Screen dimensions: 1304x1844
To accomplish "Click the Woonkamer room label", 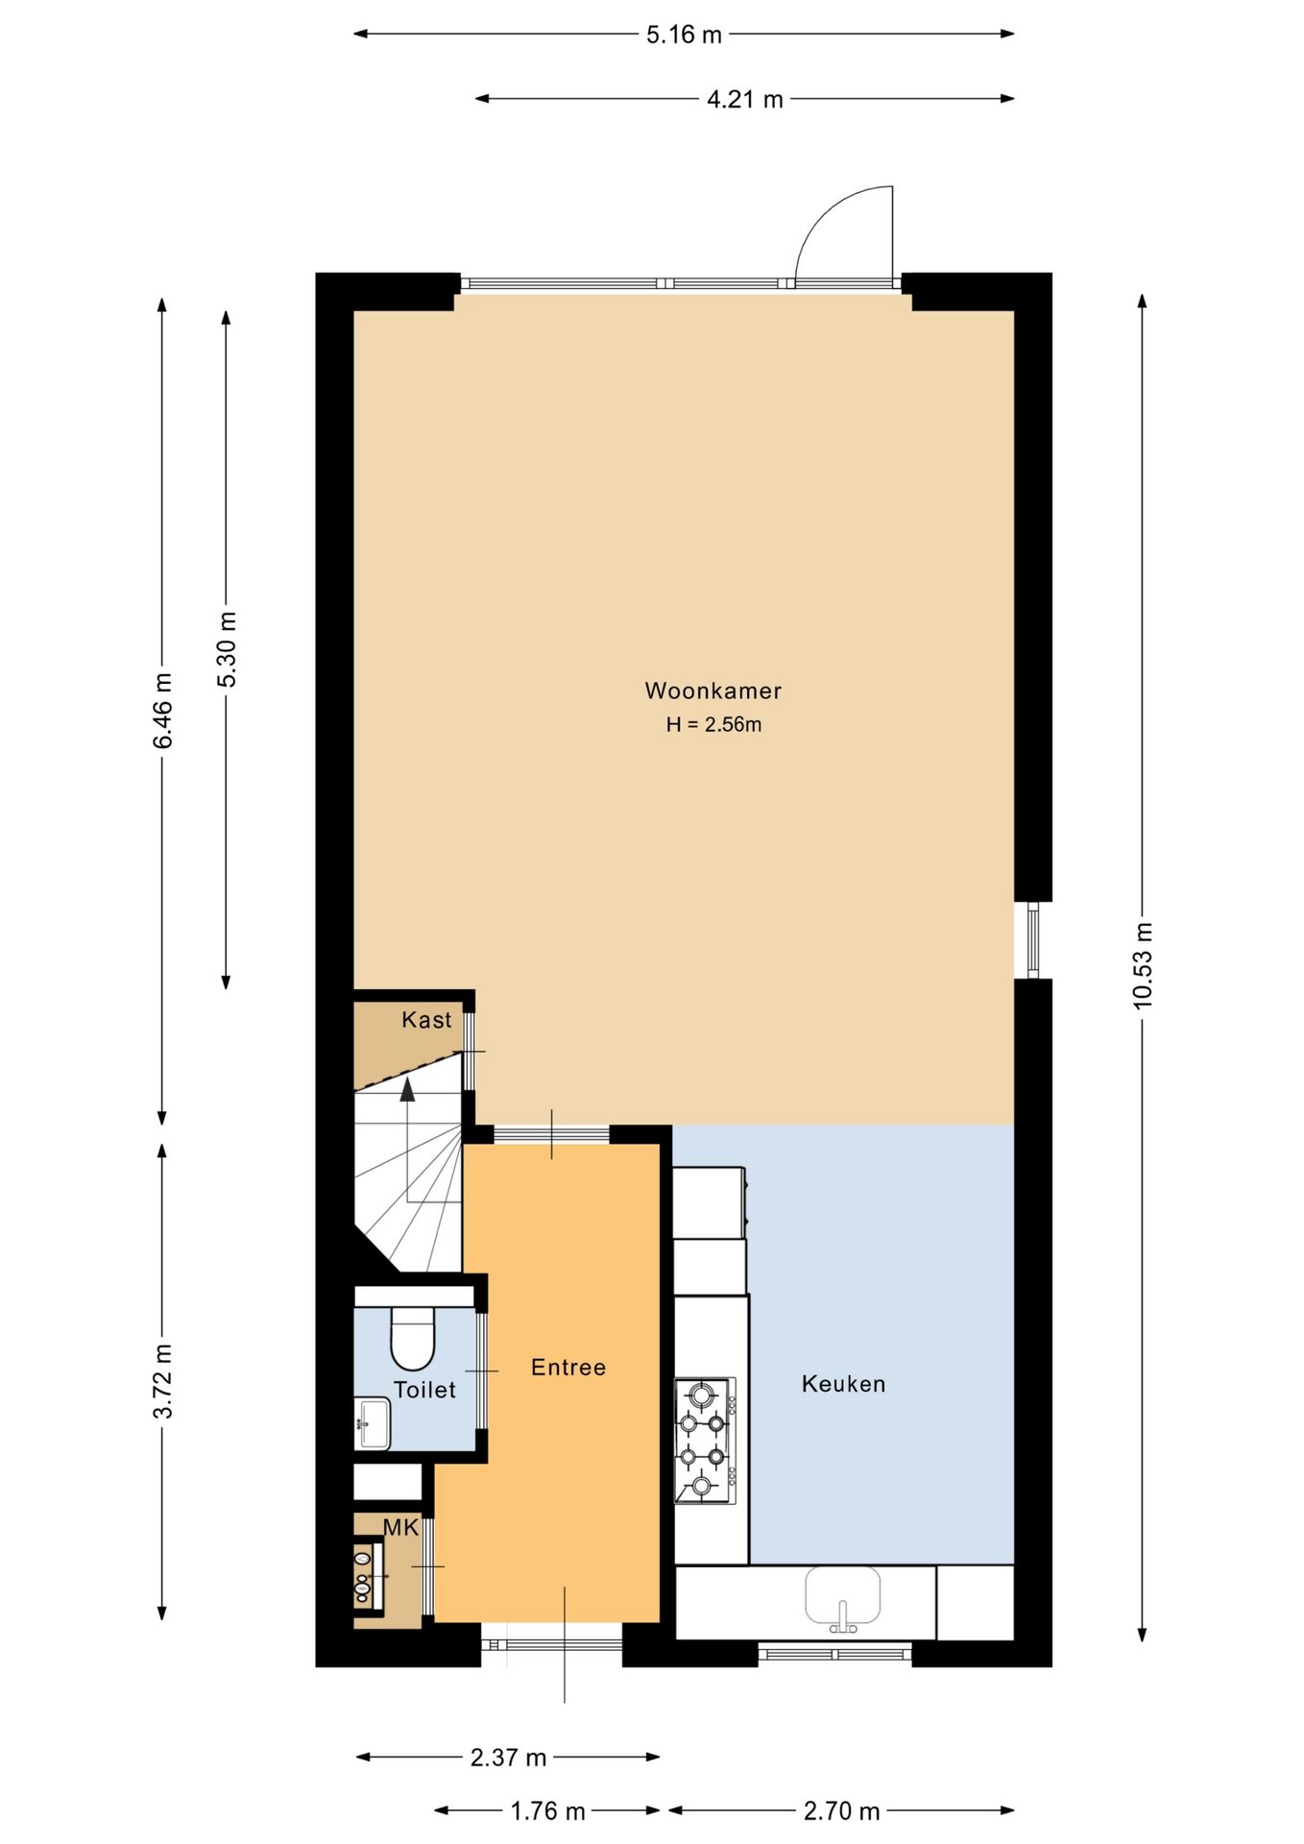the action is pos(712,691).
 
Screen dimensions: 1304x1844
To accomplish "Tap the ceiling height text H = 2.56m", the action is pos(713,725).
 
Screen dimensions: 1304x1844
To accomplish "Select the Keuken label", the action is pos(843,1384).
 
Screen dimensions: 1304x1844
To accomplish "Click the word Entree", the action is pos(568,1368).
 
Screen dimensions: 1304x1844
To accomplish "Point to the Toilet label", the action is pos(424,1390).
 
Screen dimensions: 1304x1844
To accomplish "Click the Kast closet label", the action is pos(426,1020).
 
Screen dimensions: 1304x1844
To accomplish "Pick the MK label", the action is pos(400,1527).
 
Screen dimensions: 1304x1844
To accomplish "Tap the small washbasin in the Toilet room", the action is pos(373,1423).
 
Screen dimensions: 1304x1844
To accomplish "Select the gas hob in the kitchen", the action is pos(706,1441).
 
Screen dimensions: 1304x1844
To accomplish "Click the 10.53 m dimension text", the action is pos(1142,965).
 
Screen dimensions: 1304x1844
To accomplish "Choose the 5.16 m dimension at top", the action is pos(684,35).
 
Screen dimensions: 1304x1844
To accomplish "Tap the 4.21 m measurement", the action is pos(745,99).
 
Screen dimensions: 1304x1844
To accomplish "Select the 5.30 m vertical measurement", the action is pos(227,649).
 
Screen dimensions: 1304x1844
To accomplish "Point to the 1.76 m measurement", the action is pos(547,1811).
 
